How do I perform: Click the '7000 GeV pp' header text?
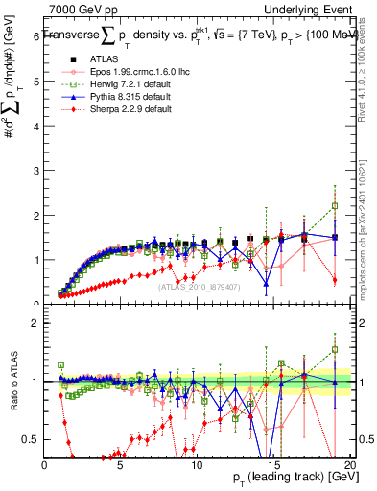click(x=82, y=9)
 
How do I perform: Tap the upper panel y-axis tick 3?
click(x=35, y=171)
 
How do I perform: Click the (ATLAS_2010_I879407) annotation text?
click(x=199, y=285)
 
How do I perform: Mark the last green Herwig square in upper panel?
click(x=335, y=205)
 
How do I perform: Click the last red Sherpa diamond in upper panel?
click(x=335, y=280)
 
